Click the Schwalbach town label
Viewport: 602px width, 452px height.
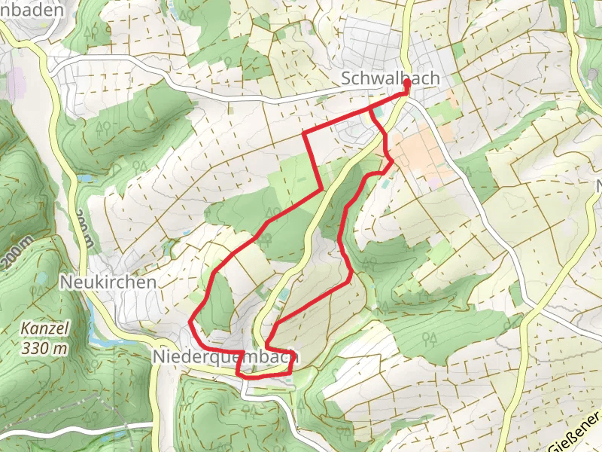390,78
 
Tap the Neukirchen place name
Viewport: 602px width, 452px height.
108,282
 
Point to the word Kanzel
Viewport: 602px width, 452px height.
45,329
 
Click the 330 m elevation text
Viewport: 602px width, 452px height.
45,348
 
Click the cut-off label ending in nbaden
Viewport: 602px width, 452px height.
31,10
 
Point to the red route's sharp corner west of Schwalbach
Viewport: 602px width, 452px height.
304,134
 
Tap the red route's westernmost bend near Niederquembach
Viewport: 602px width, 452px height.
190,322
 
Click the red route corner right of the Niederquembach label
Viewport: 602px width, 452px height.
292,368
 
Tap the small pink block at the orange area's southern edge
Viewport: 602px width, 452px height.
436,182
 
